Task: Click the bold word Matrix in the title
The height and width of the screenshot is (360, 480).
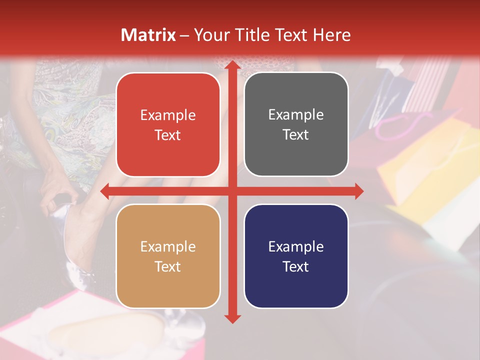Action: tap(148, 35)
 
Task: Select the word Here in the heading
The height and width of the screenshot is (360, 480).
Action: tap(331, 35)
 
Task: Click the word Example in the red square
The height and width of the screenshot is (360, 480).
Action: tap(168, 115)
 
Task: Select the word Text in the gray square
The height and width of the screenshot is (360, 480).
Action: tap(296, 135)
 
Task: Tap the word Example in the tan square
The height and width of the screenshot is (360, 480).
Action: tap(168, 247)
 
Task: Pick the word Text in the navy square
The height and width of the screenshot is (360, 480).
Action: tap(296, 266)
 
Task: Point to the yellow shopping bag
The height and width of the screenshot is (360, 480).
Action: tap(425, 165)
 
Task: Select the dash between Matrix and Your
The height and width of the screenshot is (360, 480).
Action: tap(184, 35)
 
